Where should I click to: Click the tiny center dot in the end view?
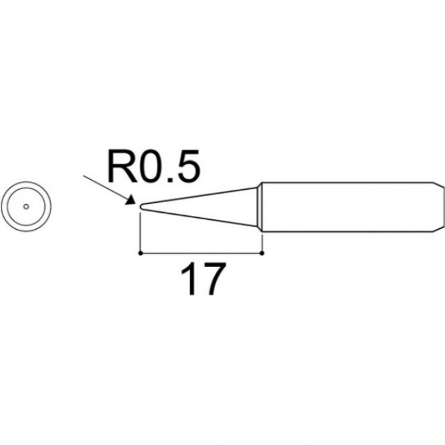pyautogui.click(x=25, y=206)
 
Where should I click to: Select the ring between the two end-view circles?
pyautogui.click(x=25, y=190)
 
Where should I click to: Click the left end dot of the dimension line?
pyautogui.click(x=141, y=251)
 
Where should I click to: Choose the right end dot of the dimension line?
pyautogui.click(x=262, y=251)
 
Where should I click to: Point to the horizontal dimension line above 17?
pyautogui.click(x=202, y=251)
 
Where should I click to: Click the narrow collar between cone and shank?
pyautogui.click(x=259, y=206)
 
